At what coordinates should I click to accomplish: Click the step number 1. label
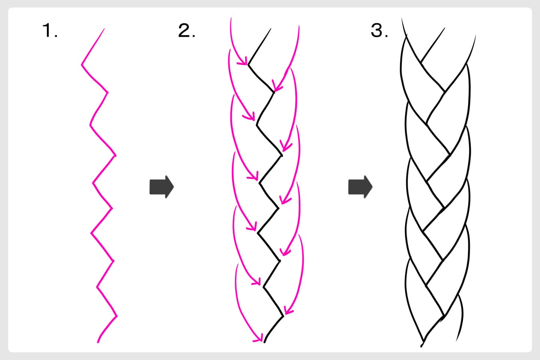click(50, 31)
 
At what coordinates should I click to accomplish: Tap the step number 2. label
click(186, 31)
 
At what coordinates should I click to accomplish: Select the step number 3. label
click(379, 31)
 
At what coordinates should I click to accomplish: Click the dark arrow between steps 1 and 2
click(162, 186)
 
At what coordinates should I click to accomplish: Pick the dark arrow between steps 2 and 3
click(360, 186)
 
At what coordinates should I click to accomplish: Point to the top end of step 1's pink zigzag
click(104, 29)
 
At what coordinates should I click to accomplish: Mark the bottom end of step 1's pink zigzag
click(98, 342)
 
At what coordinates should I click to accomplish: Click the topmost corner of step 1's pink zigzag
click(82, 64)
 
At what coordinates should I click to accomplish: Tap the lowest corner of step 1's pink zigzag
click(117, 316)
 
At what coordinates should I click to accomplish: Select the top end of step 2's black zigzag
click(270, 29)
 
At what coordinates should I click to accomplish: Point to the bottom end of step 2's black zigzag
click(264, 342)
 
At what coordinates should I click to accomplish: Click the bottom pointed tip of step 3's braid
click(422, 344)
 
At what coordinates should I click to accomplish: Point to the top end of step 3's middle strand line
click(445, 28)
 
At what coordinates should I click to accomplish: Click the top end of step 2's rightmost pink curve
click(299, 26)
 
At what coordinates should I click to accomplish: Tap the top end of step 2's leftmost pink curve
click(231, 18)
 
